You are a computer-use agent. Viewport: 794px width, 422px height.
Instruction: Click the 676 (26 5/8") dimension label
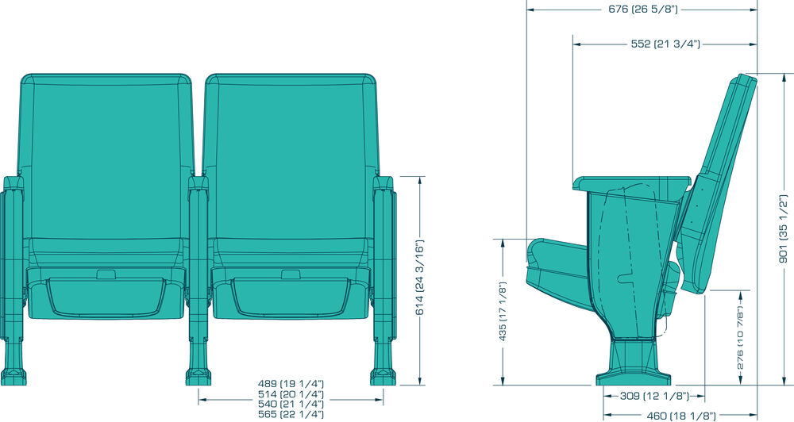[x=642, y=10]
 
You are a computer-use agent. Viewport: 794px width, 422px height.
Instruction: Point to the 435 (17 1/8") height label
[x=503, y=311]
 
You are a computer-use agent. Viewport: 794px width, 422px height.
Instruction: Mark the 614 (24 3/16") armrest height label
[x=420, y=278]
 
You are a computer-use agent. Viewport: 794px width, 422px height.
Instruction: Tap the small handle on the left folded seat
[x=106, y=274]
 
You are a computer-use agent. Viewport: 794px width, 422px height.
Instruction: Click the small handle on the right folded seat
[x=291, y=274]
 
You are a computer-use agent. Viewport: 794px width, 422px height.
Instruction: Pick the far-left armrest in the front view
[x=13, y=246]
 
